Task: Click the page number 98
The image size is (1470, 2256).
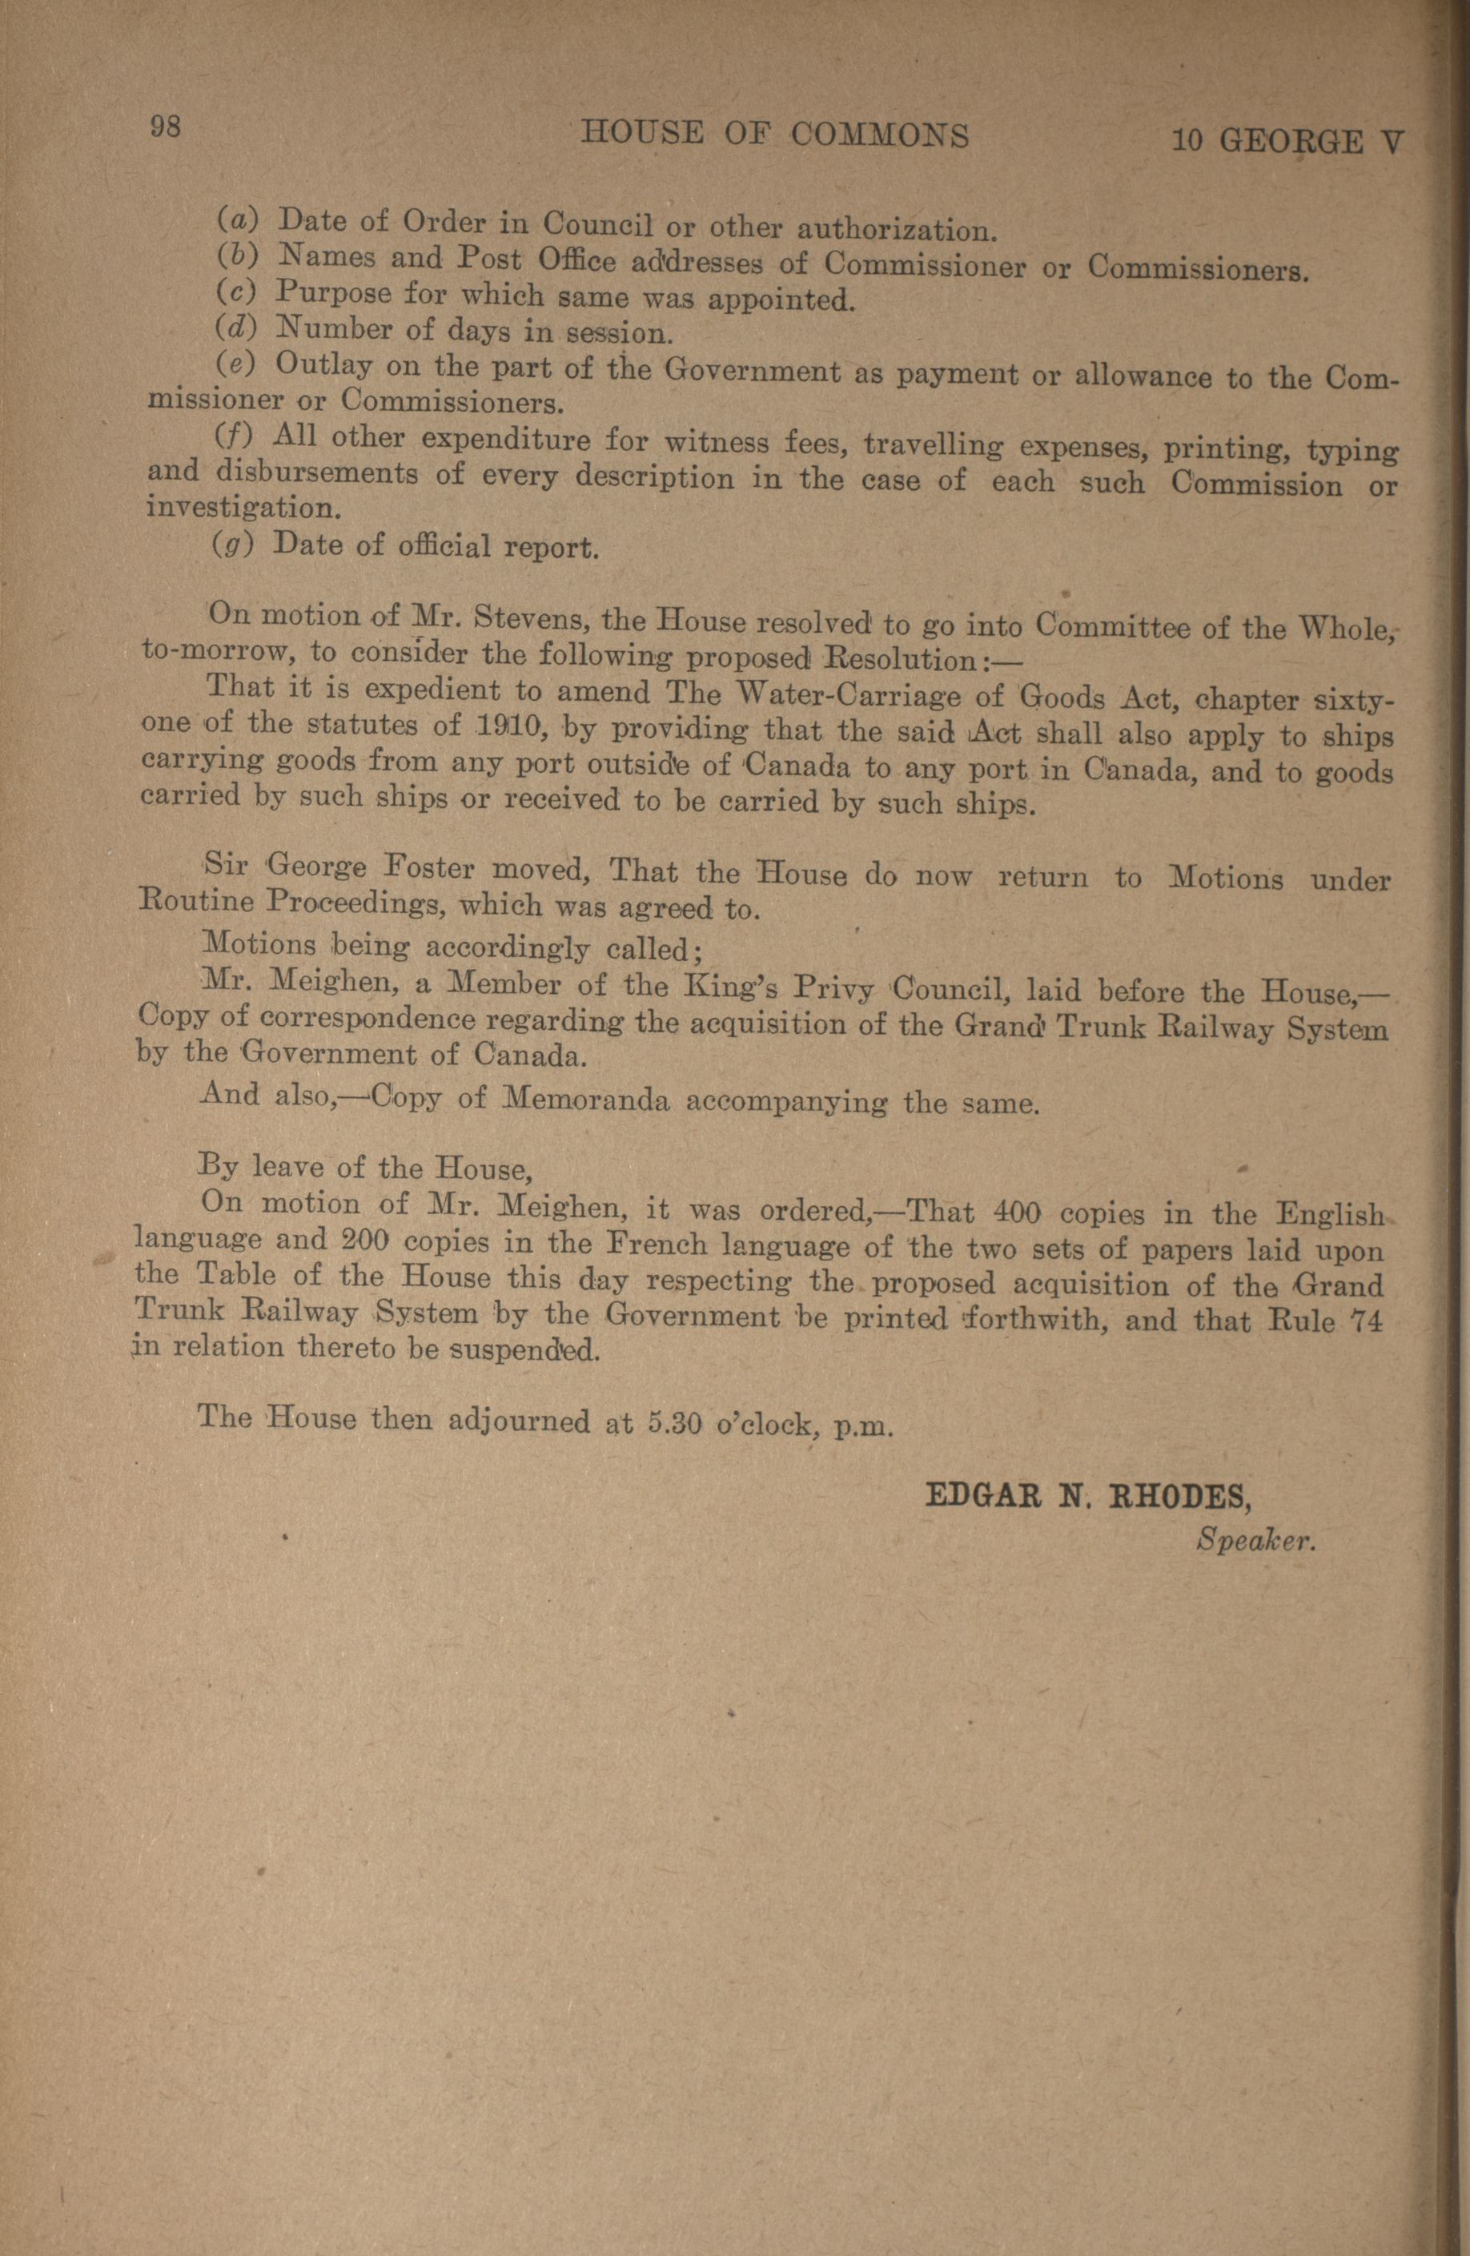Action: click(x=164, y=127)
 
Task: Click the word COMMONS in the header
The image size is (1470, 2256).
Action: click(x=881, y=135)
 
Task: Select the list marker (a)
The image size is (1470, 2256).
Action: click(x=231, y=220)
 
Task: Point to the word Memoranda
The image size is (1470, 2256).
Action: click(x=586, y=1100)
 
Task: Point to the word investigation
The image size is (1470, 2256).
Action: click(x=241, y=508)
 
